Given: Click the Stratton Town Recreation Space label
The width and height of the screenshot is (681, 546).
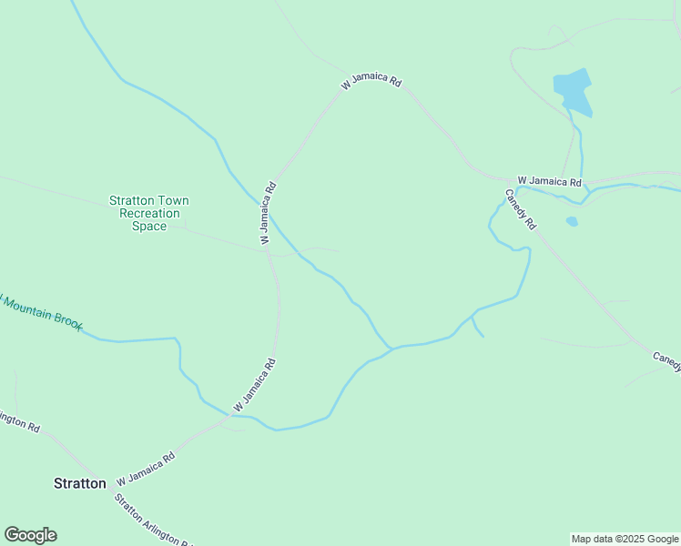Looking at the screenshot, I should pos(149,213).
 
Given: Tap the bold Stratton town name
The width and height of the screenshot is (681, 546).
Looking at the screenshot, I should pos(80,483).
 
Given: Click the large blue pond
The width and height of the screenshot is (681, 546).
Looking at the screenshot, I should pos(573,91).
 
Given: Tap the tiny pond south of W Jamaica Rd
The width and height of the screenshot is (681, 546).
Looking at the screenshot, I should pos(571,221).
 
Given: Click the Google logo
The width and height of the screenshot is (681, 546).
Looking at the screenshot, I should pos(30,535).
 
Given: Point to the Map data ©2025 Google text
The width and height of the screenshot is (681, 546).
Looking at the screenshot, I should pos(625,539).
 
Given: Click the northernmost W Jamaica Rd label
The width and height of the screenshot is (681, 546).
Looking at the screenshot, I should pos(371,82).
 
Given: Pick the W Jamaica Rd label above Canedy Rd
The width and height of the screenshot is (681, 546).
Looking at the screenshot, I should pos(549,181).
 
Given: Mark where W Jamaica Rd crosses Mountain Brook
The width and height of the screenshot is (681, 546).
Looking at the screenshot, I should pos(228,417).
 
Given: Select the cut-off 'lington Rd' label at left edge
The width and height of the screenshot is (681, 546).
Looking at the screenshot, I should pos(18,421).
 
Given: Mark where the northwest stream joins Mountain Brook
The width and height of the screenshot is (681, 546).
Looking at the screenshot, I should pos(391,349).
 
